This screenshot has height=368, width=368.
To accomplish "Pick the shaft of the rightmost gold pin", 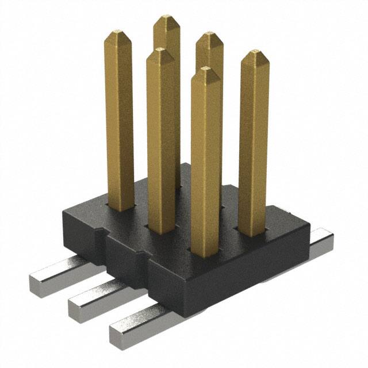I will click(x=254, y=144).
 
